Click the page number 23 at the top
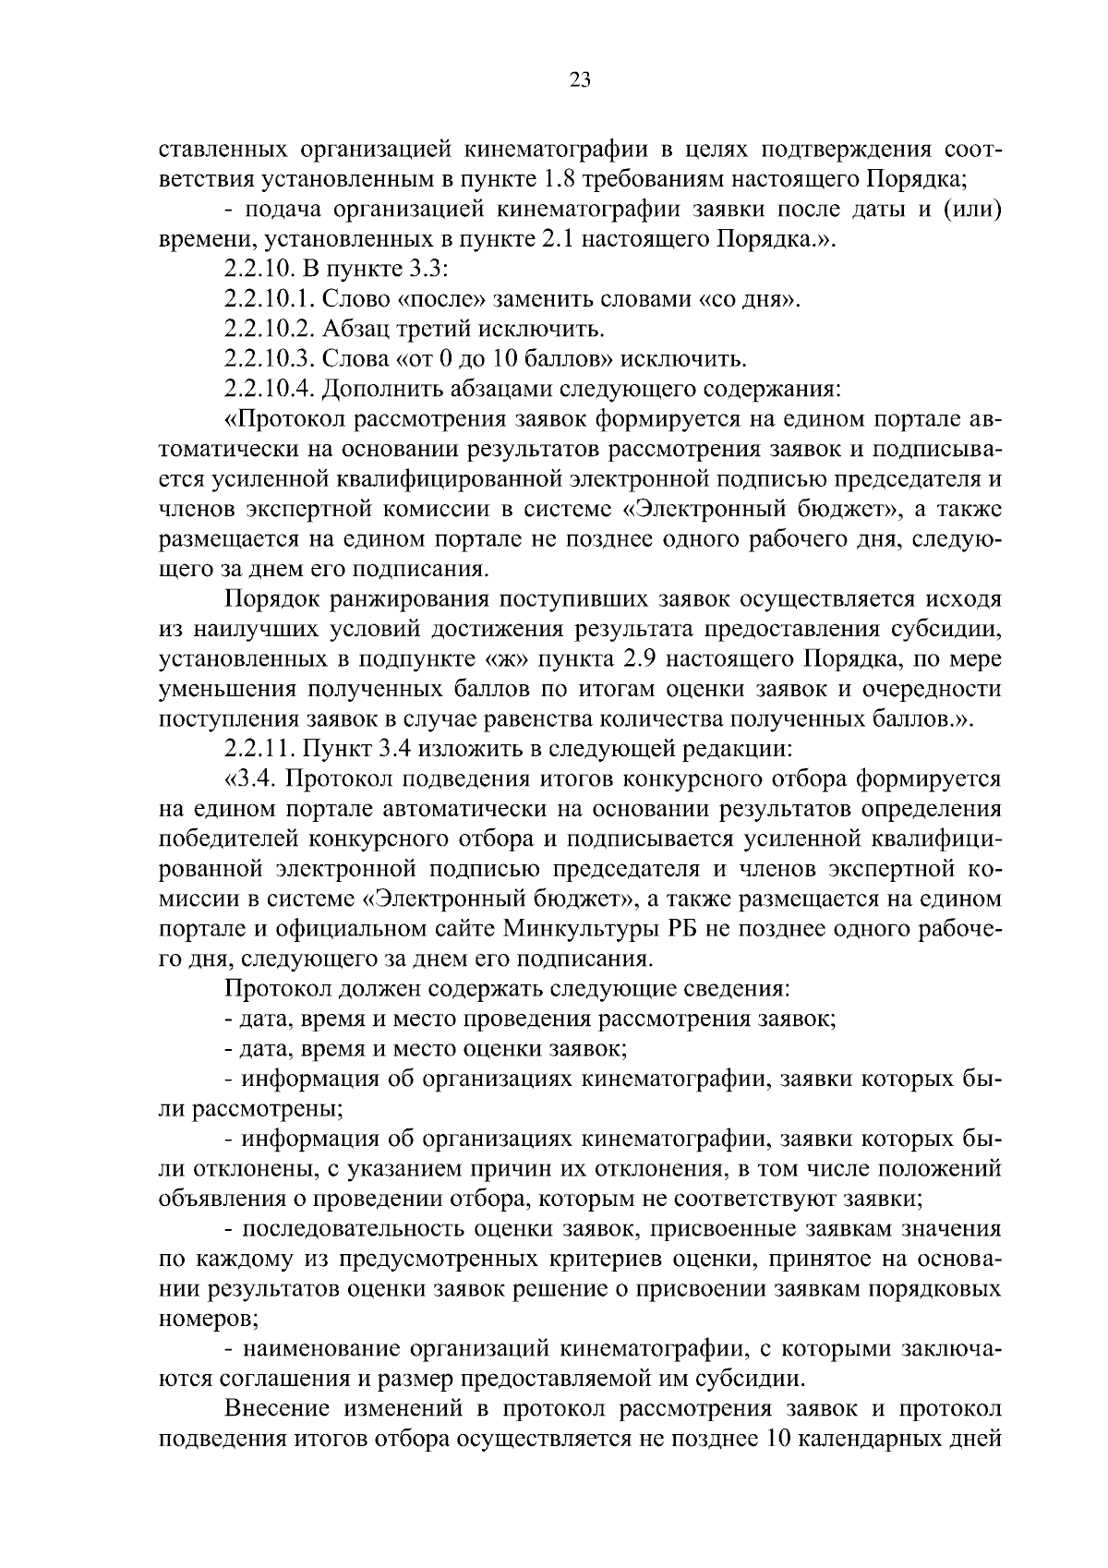tap(581, 79)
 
